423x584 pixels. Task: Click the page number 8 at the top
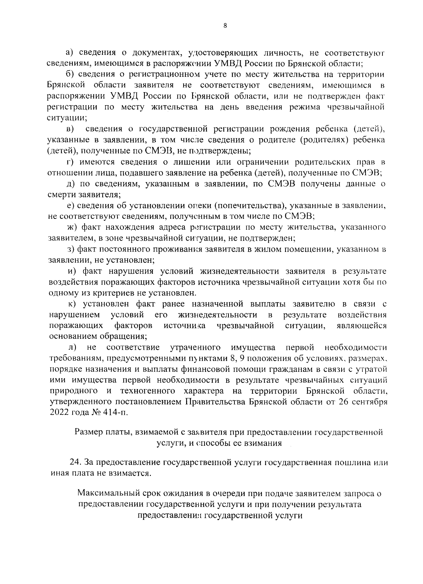[225, 25]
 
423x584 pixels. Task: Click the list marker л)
[72, 348]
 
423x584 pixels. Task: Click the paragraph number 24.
[76, 462]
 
